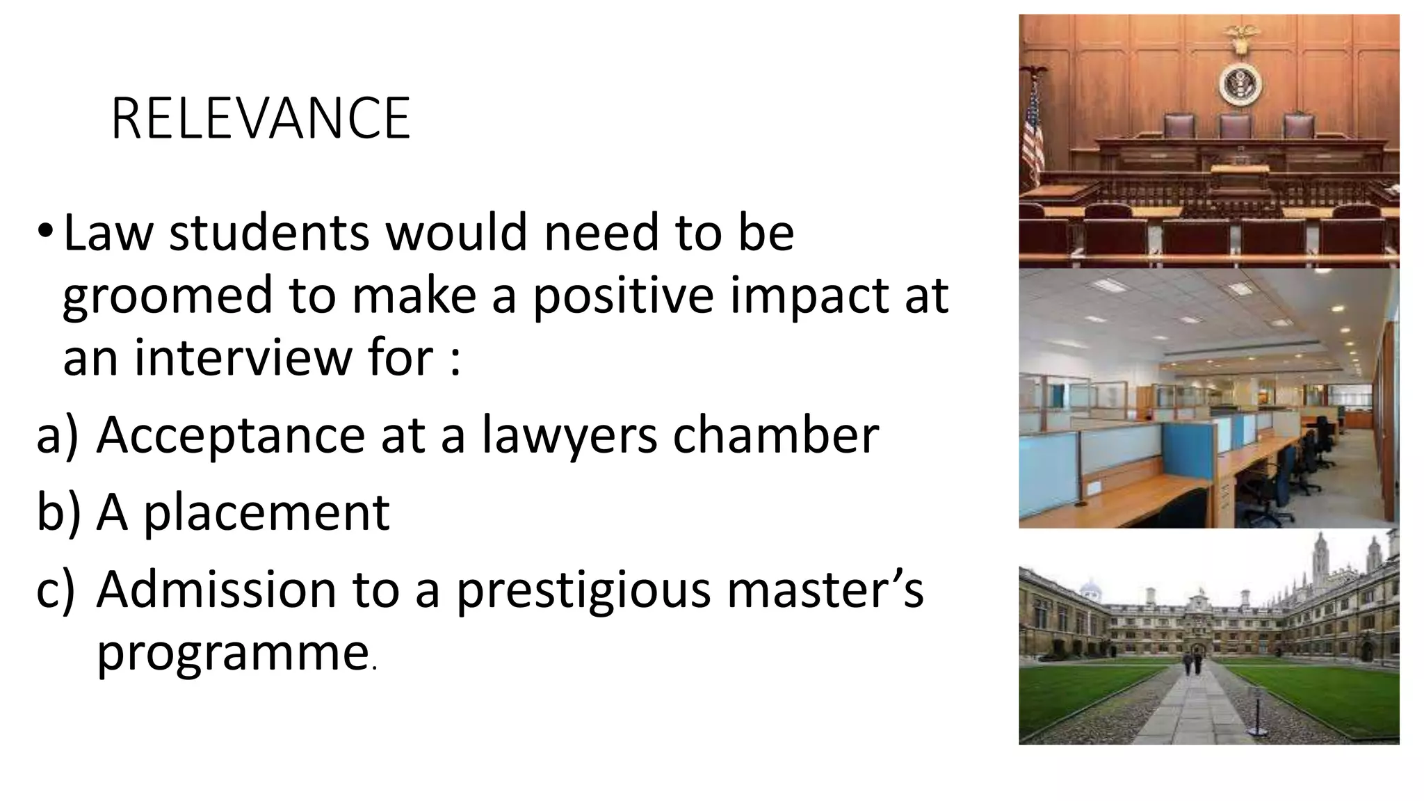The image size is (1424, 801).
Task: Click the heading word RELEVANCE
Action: [x=260, y=119]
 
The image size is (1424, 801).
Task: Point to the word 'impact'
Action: [x=806, y=296]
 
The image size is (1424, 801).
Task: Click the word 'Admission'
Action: [x=216, y=589]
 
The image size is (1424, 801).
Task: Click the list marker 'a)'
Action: [x=58, y=437]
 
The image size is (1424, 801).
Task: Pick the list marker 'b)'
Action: [x=58, y=512]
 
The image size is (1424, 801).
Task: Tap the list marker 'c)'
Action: [x=55, y=590]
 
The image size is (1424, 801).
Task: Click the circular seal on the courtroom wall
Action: [x=1240, y=85]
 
